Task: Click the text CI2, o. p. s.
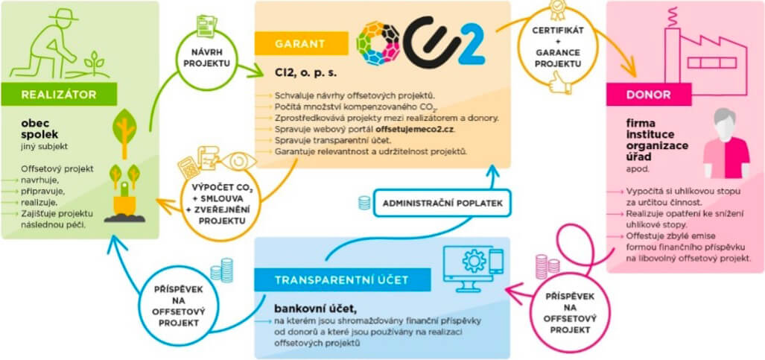305,72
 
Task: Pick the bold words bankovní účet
301,307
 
